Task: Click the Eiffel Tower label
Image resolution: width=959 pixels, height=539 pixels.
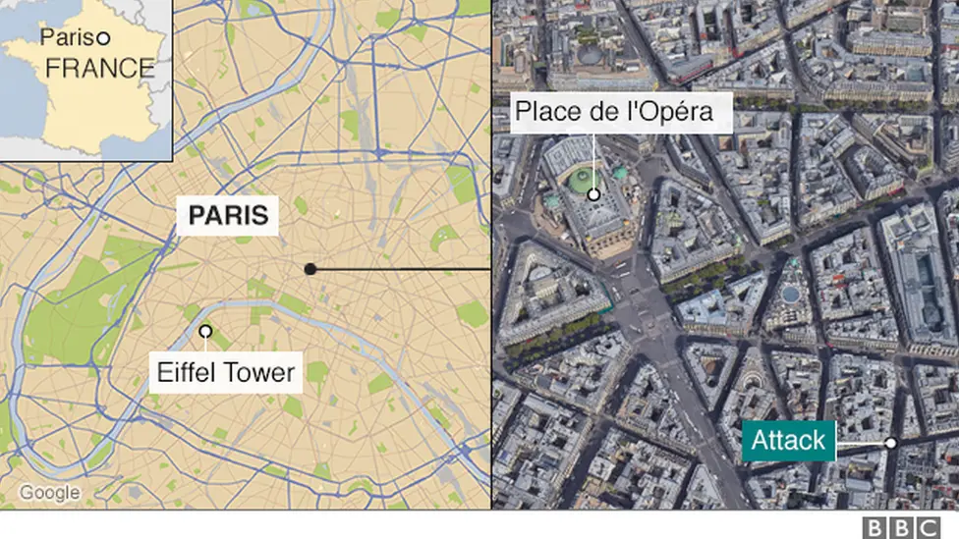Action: [x=225, y=372]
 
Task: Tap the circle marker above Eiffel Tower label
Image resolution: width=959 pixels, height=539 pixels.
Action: [x=205, y=332]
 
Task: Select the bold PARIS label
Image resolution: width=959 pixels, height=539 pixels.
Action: [x=227, y=214]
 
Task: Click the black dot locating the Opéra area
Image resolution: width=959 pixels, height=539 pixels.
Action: [x=310, y=268]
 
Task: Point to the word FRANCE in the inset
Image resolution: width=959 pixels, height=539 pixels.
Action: [x=100, y=68]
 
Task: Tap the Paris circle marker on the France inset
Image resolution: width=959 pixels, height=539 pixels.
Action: [x=103, y=38]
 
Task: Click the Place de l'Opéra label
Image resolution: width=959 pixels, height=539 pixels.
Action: [x=613, y=112]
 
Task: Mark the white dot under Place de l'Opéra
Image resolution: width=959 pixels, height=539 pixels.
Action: [x=593, y=194]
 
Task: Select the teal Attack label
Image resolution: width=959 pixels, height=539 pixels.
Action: [x=788, y=441]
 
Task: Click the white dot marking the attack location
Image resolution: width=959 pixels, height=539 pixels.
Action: [x=890, y=443]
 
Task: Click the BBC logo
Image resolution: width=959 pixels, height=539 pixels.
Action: [x=901, y=526]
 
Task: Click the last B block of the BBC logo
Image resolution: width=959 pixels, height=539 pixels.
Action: [x=929, y=526]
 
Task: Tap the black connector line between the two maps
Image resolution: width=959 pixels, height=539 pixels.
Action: [x=403, y=268]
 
